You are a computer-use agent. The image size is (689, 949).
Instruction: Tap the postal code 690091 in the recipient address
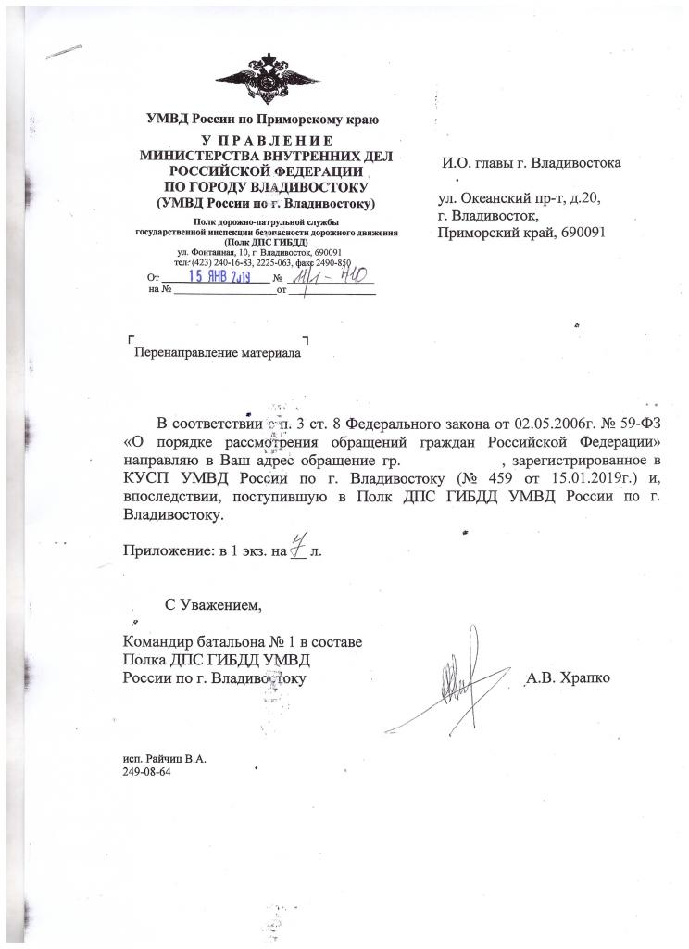pyautogui.click(x=578, y=232)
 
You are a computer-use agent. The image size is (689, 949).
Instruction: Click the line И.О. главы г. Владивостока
pyautogui.click(x=532, y=164)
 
